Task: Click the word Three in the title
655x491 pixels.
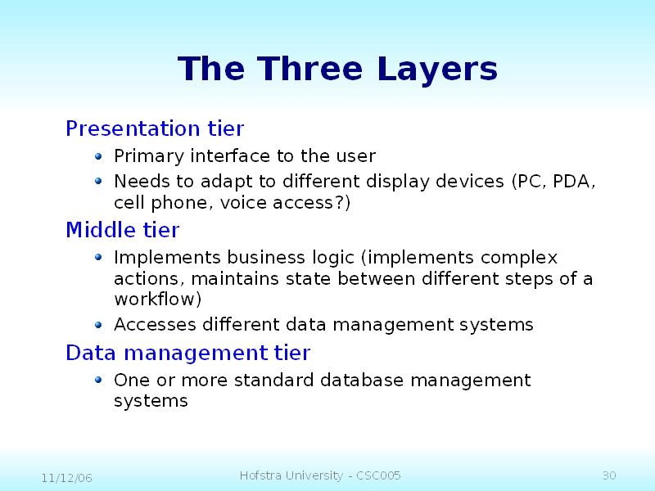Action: coord(309,69)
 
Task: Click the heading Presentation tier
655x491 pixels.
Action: coord(155,128)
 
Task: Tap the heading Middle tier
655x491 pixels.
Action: coord(122,230)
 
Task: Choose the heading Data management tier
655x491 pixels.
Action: coord(188,353)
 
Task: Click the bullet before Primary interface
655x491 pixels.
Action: coord(98,156)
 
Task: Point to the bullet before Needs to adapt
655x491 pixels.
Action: coord(98,181)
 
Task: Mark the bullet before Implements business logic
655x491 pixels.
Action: coord(98,257)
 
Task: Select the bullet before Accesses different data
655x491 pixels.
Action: coord(98,325)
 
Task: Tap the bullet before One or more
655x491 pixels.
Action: coord(98,380)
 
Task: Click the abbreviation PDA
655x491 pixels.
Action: coord(571,181)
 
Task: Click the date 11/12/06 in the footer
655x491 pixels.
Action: coord(67,478)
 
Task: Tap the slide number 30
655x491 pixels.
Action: coord(609,475)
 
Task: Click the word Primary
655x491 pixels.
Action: coord(149,156)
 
